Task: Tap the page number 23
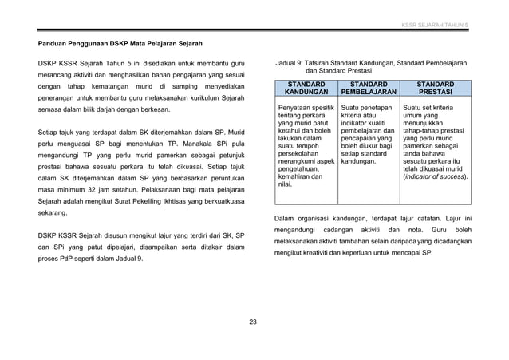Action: pos(253,322)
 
